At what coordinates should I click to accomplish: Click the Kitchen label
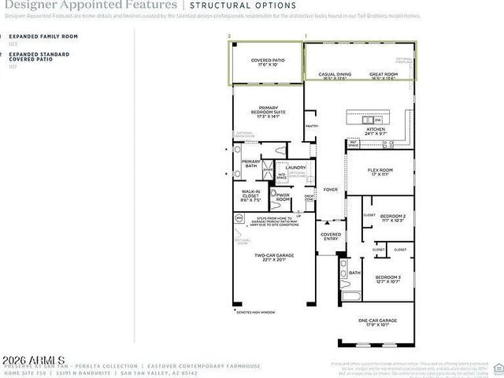point(376,131)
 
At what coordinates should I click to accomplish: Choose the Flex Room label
point(380,172)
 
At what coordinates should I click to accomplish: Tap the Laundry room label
point(295,167)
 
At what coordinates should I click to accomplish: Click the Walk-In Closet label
point(251,194)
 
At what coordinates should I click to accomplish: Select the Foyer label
point(331,189)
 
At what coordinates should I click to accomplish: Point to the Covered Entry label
point(331,236)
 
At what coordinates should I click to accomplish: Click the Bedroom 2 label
point(392,217)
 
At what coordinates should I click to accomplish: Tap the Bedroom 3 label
point(387,279)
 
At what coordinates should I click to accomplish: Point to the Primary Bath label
point(251,163)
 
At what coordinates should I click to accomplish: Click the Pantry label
point(311,125)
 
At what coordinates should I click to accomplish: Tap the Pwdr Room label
point(283,197)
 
